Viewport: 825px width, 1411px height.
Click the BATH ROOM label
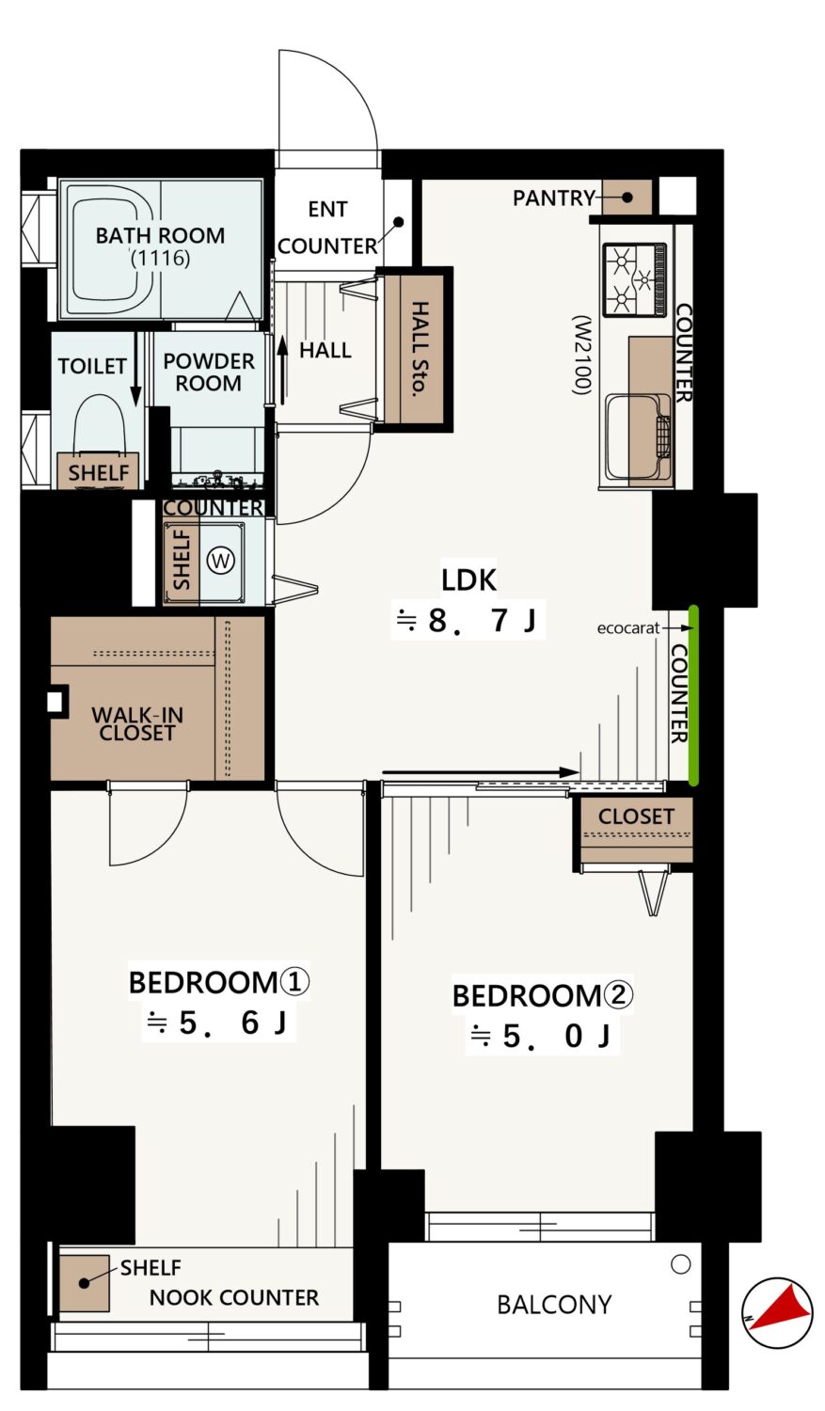[x=160, y=235]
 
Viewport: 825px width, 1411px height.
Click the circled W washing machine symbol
[x=221, y=560]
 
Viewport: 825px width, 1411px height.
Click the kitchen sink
[x=637, y=436]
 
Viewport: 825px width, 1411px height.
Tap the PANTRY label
[x=553, y=198]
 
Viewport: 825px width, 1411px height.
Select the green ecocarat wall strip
[x=693, y=695]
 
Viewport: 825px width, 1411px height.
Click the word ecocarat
[x=627, y=628]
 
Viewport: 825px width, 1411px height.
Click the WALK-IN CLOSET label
[x=137, y=723]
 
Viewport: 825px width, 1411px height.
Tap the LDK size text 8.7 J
[x=482, y=621]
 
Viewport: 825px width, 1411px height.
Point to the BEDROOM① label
[x=218, y=982]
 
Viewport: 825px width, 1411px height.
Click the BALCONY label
[x=554, y=1304]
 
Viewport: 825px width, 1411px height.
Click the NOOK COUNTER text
[x=233, y=1297]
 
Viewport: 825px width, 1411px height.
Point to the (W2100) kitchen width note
[x=581, y=355]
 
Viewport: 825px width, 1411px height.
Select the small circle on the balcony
[x=681, y=1263]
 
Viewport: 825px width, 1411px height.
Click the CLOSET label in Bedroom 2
[x=636, y=816]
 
